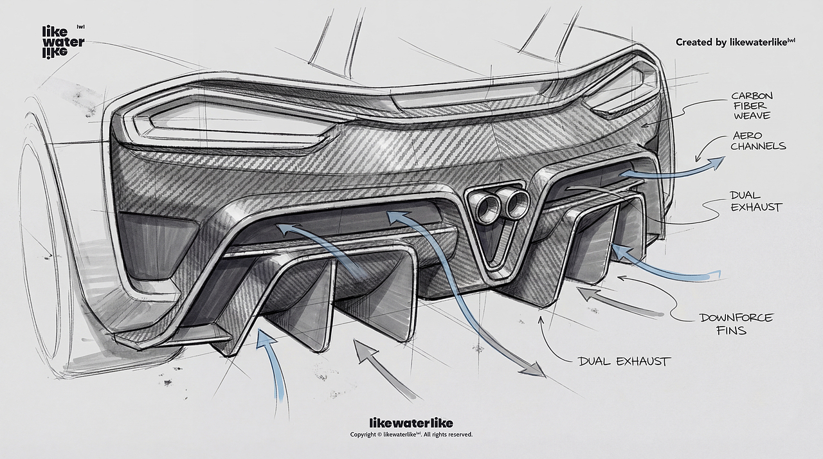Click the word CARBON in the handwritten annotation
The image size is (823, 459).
tap(752, 96)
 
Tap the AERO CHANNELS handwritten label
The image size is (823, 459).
tap(757, 141)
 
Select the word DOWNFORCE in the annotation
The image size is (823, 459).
tap(736, 318)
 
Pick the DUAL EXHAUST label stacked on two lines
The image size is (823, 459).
tap(755, 201)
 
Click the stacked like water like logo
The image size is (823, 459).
tap(63, 42)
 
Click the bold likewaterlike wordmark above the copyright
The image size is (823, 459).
tap(411, 423)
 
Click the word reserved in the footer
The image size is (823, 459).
tap(461, 435)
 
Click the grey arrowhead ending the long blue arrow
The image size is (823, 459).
tap(534, 368)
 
